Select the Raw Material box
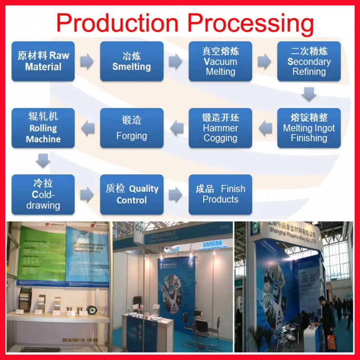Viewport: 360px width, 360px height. pyautogui.click(x=43, y=61)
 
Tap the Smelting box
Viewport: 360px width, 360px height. pyautogui.click(x=131, y=61)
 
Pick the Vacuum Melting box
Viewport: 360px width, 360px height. pyautogui.click(x=220, y=61)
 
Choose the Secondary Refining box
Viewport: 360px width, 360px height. pyautogui.click(x=309, y=61)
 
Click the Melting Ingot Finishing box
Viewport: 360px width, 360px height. pyautogui.click(x=309, y=128)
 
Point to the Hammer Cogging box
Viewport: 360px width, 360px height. pyautogui.click(x=220, y=128)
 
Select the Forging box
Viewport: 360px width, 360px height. pyautogui.click(x=131, y=128)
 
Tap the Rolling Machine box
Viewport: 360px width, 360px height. pyautogui.click(x=43, y=128)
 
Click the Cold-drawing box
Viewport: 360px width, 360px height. pyautogui.click(x=43, y=194)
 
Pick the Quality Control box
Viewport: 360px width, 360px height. pyautogui.click(x=131, y=194)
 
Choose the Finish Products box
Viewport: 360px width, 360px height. pyautogui.click(x=220, y=194)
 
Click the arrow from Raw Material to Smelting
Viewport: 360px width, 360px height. pyautogui.click(x=87, y=61)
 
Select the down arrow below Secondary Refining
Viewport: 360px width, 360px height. pyautogui.click(x=309, y=94)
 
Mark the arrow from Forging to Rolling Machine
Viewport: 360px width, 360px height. pyautogui.click(x=87, y=129)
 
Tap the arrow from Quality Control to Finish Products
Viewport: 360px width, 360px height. pyautogui.click(x=175, y=194)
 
